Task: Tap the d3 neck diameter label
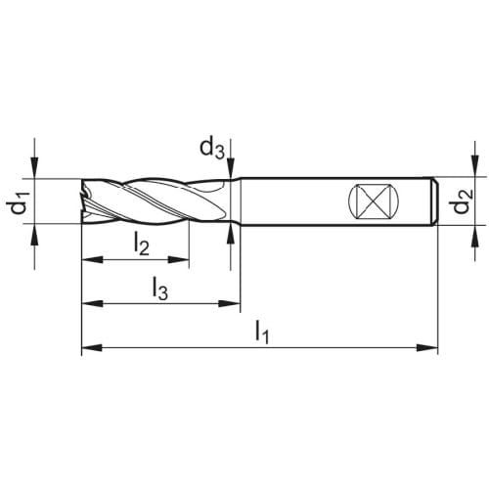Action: click(x=212, y=150)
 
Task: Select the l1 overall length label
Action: click(x=262, y=332)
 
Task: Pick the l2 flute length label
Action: click(x=142, y=244)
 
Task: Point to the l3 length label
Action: click(x=160, y=289)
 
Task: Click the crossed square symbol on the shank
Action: click(x=374, y=200)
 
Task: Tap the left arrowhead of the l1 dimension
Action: click(x=92, y=348)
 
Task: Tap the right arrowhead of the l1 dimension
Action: click(x=427, y=348)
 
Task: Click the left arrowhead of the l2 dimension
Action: click(x=92, y=260)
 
